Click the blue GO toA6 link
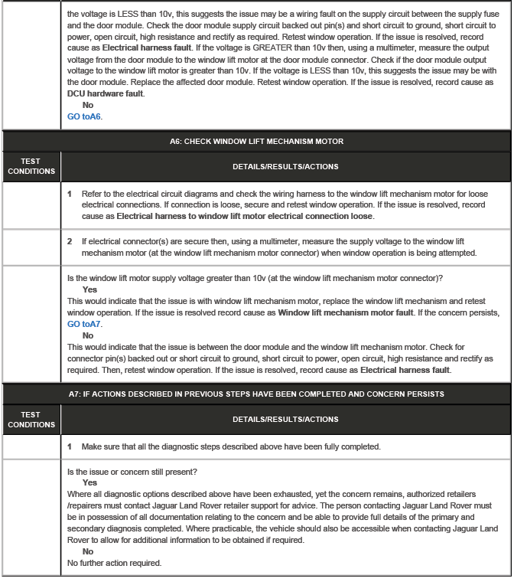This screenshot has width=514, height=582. (84, 116)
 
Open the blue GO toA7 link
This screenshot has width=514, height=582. (84, 324)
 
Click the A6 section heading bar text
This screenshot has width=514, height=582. (256, 141)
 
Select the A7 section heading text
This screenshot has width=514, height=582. (256, 394)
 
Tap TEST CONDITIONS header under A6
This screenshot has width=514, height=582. (31, 166)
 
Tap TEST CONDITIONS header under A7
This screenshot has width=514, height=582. (31, 420)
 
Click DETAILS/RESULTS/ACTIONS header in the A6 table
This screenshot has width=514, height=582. (285, 166)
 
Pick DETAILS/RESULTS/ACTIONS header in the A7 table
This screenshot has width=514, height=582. (285, 420)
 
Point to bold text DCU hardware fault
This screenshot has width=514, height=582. (105, 93)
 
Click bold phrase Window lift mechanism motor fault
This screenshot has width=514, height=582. (344, 313)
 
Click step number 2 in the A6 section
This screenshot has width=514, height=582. (70, 241)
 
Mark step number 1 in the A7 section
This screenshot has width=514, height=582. (70, 446)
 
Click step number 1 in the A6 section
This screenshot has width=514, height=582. (70, 194)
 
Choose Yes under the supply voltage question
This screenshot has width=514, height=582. (89, 289)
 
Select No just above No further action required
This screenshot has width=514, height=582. (87, 551)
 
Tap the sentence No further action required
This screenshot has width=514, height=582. (114, 563)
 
